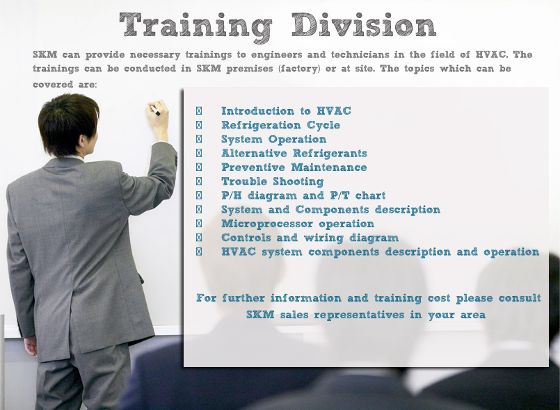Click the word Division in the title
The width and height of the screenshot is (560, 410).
point(364,24)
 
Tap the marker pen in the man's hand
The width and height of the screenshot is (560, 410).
point(156,110)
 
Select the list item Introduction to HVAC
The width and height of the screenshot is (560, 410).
point(286,111)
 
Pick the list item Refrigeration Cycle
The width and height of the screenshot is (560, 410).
point(281,125)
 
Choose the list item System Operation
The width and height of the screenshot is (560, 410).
point(273,139)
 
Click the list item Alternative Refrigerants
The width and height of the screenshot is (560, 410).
point(294,153)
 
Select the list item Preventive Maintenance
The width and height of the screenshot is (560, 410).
point(294,167)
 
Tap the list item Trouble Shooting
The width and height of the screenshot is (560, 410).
point(273,181)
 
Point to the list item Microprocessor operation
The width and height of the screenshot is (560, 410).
point(298,224)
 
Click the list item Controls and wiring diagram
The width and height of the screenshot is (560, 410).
point(310,238)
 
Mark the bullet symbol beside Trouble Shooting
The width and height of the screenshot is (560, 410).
point(199,181)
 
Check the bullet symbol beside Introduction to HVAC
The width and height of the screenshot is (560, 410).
point(199,111)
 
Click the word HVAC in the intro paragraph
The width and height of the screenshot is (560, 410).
point(492,55)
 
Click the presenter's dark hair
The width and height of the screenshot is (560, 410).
point(68,123)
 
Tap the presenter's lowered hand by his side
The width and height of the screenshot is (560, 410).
point(31,345)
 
